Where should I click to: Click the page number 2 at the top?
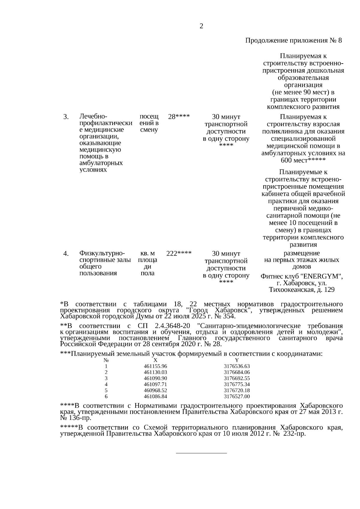click(x=201, y=26)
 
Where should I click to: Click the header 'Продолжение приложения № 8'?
click(x=293, y=40)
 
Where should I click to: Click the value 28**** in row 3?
click(x=178, y=117)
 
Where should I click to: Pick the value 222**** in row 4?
click(x=179, y=253)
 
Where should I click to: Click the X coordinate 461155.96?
click(x=155, y=366)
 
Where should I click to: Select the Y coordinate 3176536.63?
click(x=237, y=366)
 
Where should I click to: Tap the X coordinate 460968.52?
click(x=155, y=391)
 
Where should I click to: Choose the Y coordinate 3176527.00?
click(x=237, y=397)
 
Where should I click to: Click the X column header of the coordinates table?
click(x=155, y=360)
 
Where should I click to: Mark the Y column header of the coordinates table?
click(x=237, y=360)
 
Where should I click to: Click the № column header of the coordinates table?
click(x=106, y=360)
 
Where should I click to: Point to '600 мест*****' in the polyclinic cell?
click(x=303, y=160)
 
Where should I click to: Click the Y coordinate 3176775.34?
click(x=237, y=385)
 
